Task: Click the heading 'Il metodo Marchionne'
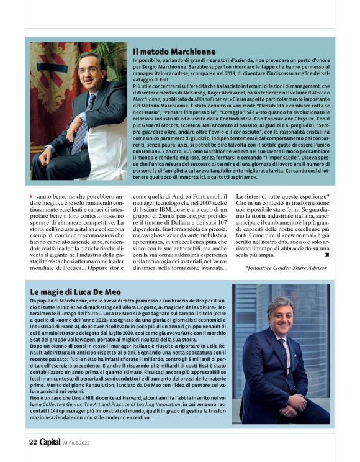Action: point(174,51)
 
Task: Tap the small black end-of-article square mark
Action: point(326,255)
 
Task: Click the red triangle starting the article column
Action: point(32,196)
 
